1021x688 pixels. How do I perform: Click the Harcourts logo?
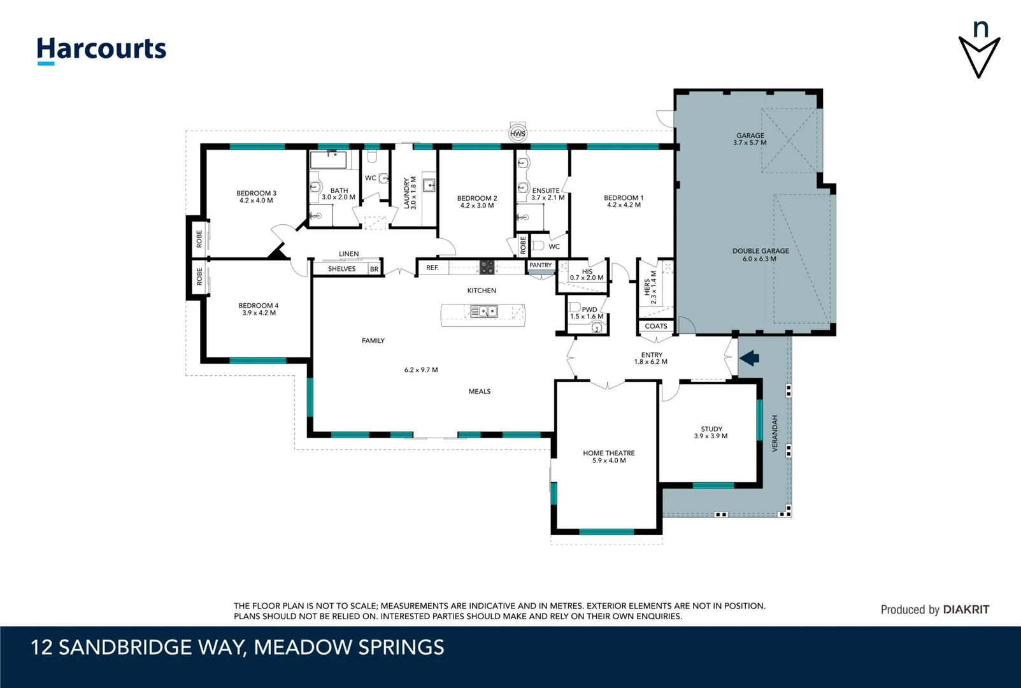click(101, 50)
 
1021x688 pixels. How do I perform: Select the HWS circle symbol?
click(518, 134)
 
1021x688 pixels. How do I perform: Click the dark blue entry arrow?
click(750, 358)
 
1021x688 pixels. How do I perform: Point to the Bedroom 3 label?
click(256, 193)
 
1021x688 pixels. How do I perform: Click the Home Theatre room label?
click(609, 454)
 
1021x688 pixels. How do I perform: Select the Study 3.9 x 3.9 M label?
click(711, 433)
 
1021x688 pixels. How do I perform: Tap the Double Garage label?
click(760, 251)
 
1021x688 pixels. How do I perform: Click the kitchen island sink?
click(484, 312)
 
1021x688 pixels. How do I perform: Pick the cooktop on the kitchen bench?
click(487, 267)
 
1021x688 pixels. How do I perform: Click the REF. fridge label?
click(432, 268)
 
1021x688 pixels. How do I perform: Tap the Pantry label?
click(541, 265)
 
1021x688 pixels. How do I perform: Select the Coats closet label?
click(656, 326)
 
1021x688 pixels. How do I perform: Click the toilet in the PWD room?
click(596, 327)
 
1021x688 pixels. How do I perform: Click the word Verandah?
click(775, 434)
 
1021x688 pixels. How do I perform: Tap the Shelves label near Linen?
click(342, 269)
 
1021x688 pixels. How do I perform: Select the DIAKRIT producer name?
click(966, 610)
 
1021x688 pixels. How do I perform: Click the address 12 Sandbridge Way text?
click(237, 648)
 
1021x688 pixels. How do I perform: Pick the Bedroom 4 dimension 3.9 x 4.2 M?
click(259, 313)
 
